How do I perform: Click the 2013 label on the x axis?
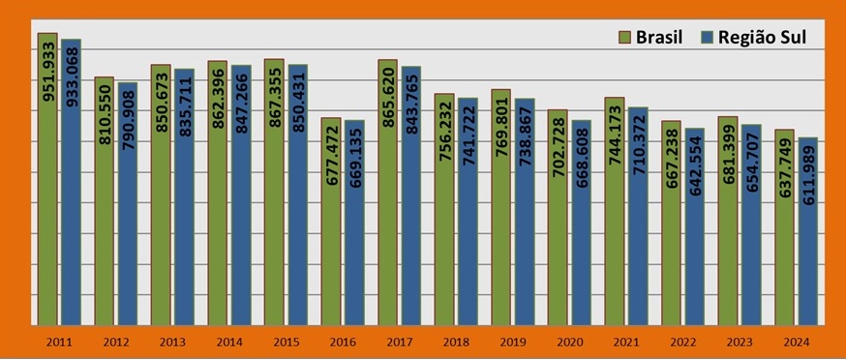click(x=172, y=342)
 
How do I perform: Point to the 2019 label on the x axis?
click(x=513, y=342)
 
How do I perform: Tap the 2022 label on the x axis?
click(x=683, y=342)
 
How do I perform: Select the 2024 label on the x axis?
click(x=797, y=342)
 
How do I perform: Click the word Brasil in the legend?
click(x=659, y=38)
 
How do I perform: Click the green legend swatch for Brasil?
click(x=625, y=38)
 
